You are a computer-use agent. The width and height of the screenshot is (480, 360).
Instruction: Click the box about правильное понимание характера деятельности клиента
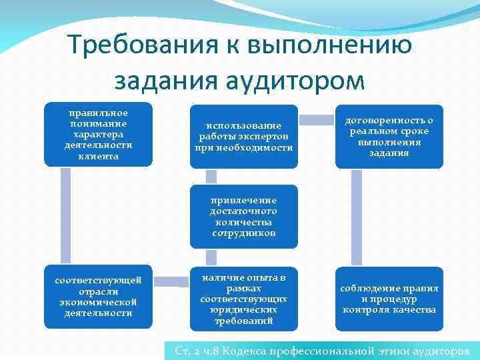point(98,134)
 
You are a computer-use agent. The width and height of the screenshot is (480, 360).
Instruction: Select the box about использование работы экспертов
point(244,136)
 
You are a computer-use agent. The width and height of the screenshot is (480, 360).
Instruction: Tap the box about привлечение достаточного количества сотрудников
point(244,217)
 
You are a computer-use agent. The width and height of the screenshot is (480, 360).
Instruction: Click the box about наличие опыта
point(244,299)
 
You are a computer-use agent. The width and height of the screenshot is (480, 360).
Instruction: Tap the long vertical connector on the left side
point(65,215)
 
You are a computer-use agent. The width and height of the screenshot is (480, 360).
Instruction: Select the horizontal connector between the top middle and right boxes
point(317,120)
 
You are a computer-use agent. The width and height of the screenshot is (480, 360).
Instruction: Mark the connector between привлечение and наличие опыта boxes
point(211,257)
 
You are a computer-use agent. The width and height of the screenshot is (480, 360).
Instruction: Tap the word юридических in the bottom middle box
point(244,310)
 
